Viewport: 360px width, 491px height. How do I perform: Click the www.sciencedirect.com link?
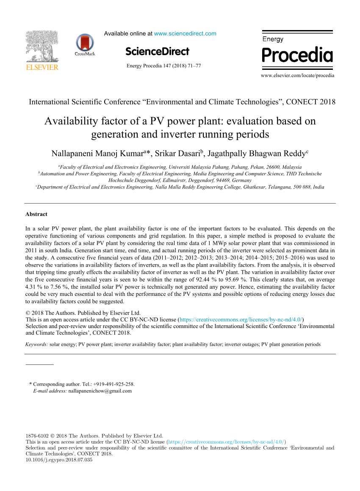pyautogui.click(x=185, y=33)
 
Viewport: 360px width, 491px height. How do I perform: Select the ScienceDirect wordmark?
pyautogui.click(x=158, y=52)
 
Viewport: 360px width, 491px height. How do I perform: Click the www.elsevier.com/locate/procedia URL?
pyautogui.click(x=297, y=75)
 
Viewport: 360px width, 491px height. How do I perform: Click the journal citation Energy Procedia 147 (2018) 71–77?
pyautogui.click(x=164, y=66)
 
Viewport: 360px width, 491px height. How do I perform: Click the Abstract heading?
pyautogui.click(x=36, y=214)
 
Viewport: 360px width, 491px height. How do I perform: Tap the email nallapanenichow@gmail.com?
pyautogui.click(x=100, y=391)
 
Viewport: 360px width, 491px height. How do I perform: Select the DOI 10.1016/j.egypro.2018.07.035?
pyautogui.click(x=59, y=459)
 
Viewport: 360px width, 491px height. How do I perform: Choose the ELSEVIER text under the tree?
pyautogui.click(x=42, y=67)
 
